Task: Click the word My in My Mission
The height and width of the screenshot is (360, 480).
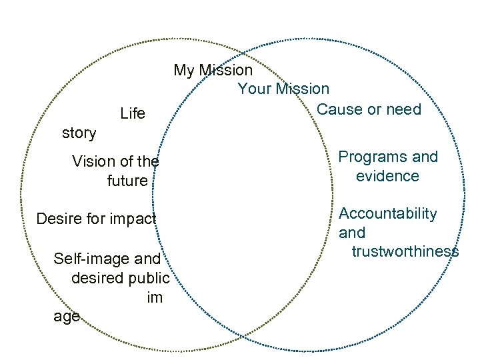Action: (185, 70)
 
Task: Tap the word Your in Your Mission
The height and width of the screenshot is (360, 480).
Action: (253, 89)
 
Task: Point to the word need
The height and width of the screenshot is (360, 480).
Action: (404, 109)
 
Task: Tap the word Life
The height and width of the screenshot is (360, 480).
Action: (133, 114)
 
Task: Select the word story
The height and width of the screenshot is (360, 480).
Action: (79, 133)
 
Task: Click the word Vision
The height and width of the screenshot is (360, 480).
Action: (93, 161)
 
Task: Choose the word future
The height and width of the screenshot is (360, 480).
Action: (127, 181)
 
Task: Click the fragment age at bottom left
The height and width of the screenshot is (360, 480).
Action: (67, 317)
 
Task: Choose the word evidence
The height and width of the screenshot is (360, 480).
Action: (387, 177)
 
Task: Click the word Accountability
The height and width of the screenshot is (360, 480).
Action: (388, 214)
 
